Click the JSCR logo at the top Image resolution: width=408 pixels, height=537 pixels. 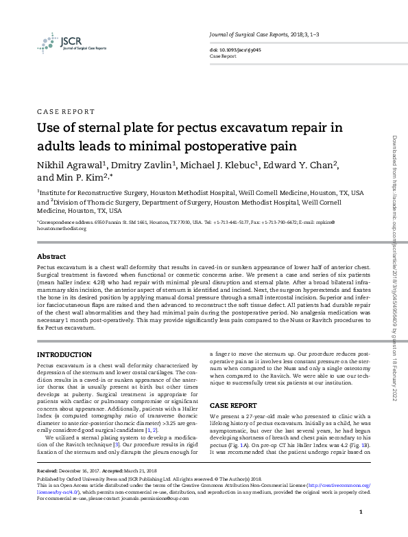[x=62, y=42]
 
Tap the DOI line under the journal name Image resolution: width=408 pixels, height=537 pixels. [x=235, y=50]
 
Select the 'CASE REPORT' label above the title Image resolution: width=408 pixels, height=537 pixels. [x=66, y=111]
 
